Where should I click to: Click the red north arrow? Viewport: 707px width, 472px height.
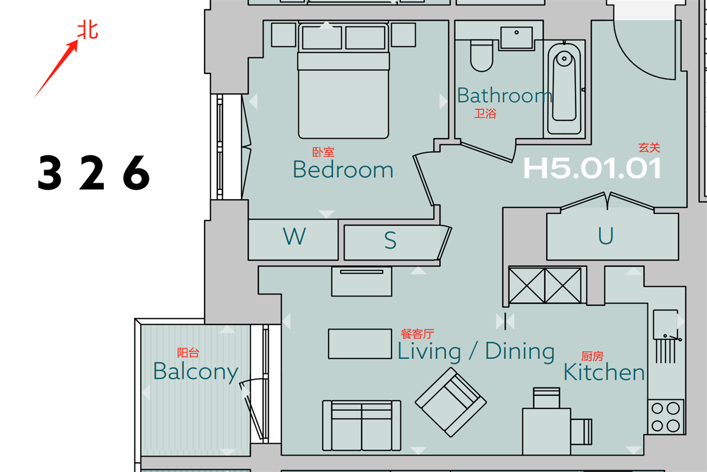point(56,68)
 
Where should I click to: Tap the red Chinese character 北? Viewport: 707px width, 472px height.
point(88,30)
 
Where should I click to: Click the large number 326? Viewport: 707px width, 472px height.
point(94,173)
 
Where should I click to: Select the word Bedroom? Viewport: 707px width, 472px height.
point(343,169)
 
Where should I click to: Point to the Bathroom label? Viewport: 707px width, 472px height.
point(504,95)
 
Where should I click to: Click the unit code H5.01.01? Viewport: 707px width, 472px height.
point(592,168)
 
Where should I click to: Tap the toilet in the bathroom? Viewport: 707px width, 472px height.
point(482,56)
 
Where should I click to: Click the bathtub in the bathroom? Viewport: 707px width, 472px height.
point(564,89)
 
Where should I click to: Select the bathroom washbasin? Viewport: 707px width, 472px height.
point(517,38)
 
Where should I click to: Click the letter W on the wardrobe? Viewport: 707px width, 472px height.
point(294,236)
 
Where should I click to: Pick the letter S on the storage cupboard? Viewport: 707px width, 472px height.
point(390,240)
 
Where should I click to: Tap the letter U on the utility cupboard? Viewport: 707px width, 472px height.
point(606,236)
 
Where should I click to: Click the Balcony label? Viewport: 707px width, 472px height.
point(196,372)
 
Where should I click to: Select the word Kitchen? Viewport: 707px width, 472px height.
point(604,372)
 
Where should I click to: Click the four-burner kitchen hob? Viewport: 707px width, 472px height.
point(666,417)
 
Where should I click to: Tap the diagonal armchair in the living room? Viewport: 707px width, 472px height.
point(451,403)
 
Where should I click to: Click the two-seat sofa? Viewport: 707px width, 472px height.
point(362,426)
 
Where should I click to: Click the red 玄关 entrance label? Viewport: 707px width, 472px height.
point(649,147)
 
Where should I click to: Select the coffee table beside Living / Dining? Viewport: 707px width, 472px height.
point(360,344)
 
